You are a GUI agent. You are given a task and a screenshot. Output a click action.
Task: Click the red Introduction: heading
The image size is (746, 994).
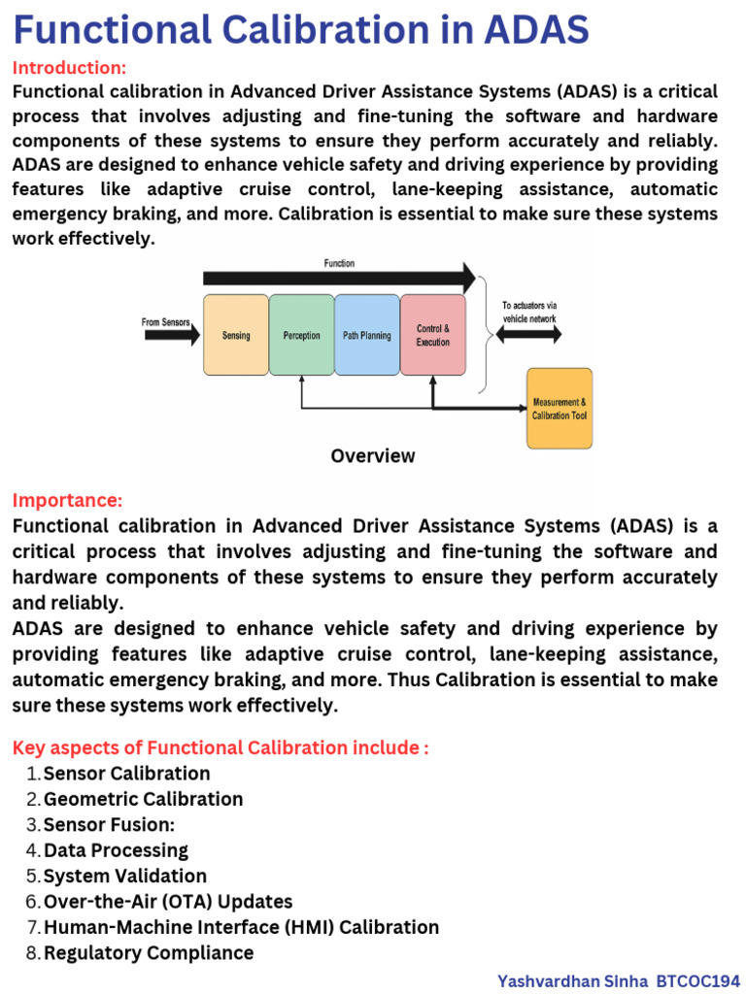[69, 68]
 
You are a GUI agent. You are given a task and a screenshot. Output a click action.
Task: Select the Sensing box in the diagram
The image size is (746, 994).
[236, 335]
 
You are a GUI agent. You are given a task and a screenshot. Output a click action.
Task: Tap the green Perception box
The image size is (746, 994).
[301, 335]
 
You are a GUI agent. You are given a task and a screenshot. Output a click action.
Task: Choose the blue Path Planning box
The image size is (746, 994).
[367, 335]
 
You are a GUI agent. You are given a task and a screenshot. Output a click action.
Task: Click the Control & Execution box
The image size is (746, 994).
[433, 335]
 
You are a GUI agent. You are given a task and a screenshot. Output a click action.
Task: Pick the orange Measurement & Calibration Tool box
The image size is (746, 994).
[559, 409]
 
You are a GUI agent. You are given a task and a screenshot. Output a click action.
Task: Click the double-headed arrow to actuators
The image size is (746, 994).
[528, 334]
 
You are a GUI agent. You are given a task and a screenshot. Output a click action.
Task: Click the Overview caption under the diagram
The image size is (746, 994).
[373, 455]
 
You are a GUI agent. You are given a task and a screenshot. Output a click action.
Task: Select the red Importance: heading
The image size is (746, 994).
[67, 501]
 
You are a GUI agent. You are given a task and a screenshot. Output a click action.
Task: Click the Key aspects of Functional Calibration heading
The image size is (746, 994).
[220, 747]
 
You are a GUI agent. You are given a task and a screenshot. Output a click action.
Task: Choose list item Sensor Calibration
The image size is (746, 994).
[126, 774]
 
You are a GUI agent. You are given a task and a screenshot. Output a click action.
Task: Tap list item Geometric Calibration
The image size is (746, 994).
[143, 799]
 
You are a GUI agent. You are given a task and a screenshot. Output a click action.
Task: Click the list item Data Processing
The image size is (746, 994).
[116, 850]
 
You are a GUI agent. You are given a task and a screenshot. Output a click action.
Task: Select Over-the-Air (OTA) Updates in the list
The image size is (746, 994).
[168, 902]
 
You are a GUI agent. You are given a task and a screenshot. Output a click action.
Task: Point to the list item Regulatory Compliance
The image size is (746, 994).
[149, 952]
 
